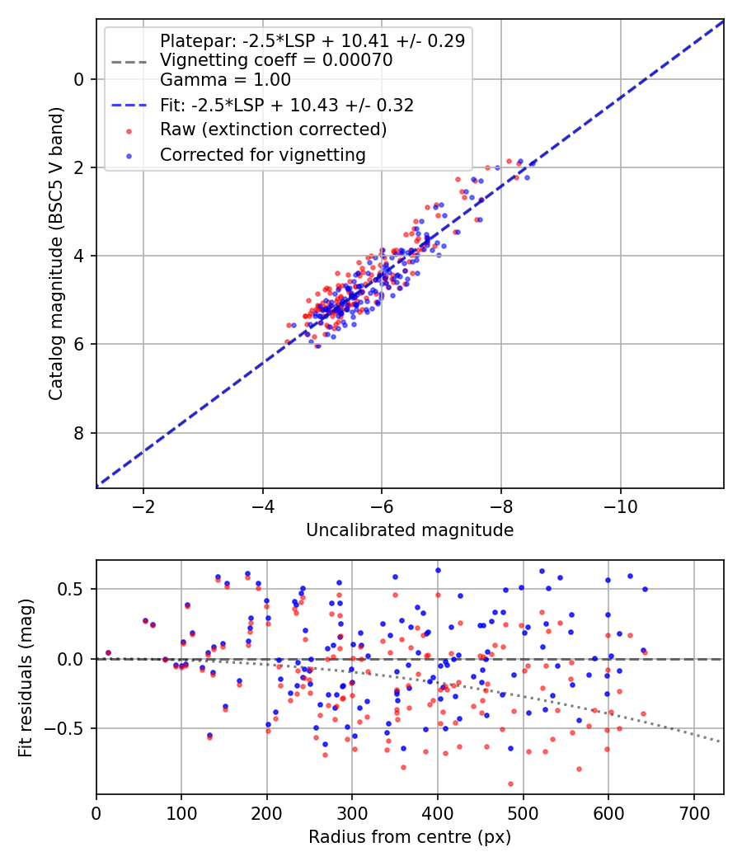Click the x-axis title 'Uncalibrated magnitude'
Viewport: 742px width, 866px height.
410,530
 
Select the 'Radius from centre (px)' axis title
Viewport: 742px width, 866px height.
410,837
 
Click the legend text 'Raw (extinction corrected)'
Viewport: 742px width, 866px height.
273,129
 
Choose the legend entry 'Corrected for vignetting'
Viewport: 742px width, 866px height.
261,154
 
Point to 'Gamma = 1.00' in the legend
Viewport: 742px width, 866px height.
225,80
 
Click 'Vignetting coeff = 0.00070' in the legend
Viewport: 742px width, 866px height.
276,60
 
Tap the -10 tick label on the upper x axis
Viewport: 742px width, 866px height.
620,506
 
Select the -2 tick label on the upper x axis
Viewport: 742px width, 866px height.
143,506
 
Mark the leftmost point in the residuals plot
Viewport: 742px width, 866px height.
108,652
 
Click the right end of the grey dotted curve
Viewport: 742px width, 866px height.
720,741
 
